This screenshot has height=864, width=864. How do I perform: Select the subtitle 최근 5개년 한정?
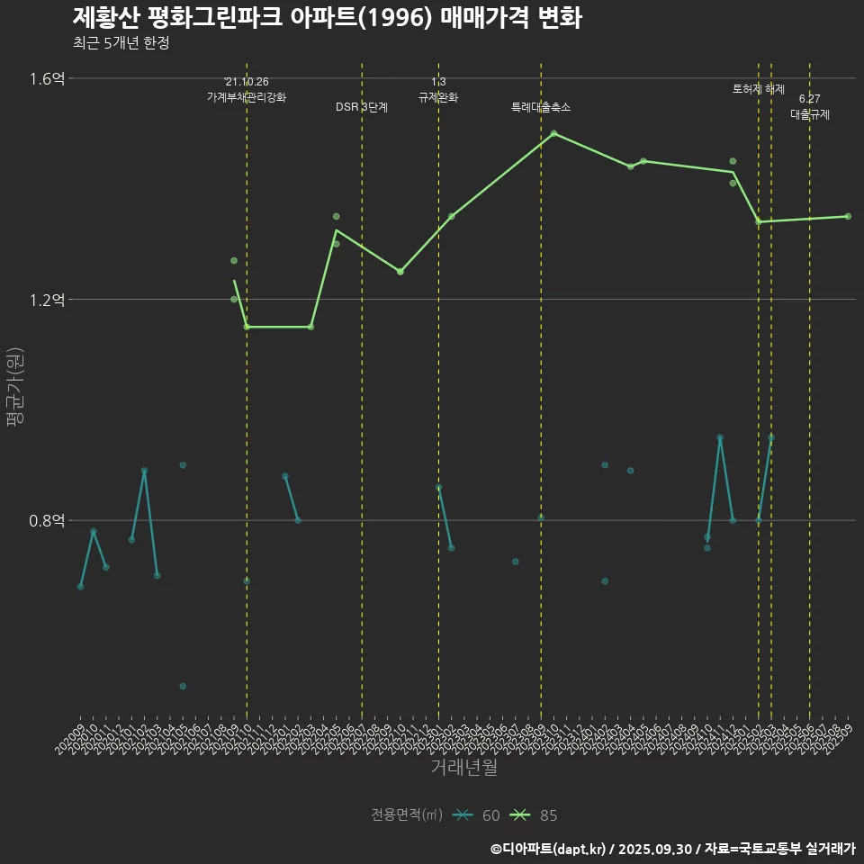pos(121,43)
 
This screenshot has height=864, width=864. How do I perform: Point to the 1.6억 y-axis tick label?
pos(47,78)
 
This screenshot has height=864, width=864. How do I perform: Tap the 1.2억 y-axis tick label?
pos(47,300)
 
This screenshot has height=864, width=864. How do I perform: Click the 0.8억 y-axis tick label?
pos(47,520)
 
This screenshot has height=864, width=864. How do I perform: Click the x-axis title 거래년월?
pos(463,768)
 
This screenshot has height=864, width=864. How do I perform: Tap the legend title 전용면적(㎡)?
pos(407,815)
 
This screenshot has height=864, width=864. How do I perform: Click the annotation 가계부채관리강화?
pos(247,97)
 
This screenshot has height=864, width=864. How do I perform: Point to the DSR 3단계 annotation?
pos(362,107)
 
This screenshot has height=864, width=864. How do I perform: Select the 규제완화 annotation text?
pos(438,97)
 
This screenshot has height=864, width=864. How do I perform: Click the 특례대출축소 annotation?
pos(541,107)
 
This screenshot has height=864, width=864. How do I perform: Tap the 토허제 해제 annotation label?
pos(759,89)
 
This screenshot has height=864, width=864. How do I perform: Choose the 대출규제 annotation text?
pos(810,114)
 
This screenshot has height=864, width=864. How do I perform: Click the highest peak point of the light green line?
pos(553,133)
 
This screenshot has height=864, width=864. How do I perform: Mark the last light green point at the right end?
pos(848,216)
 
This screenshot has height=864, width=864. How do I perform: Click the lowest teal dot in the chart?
pos(183,686)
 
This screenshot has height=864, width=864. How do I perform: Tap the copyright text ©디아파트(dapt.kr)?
pos(549,849)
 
